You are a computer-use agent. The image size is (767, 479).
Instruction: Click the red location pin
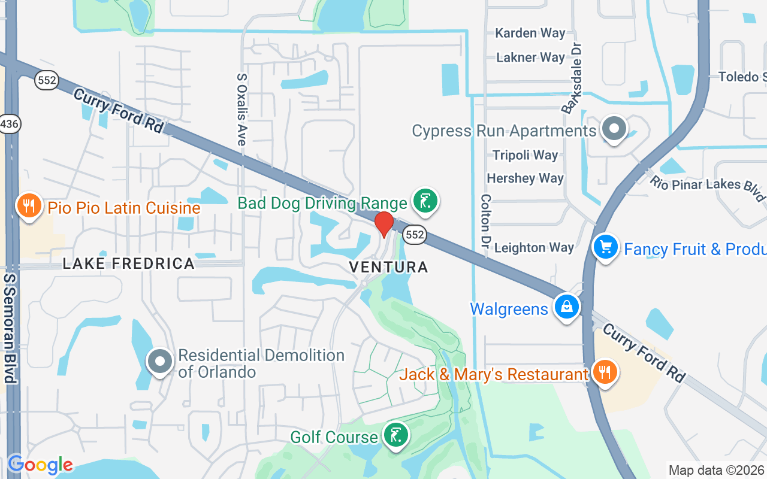(383, 224)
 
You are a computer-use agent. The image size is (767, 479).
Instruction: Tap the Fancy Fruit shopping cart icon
(605, 246)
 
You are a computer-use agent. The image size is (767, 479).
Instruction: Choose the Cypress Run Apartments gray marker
(613, 129)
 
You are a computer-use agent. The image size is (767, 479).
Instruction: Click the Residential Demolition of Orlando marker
(160, 361)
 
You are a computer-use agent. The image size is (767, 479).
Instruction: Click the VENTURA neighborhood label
(389, 267)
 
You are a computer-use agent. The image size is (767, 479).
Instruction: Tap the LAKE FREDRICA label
(129, 263)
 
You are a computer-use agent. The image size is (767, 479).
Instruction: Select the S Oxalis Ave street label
(241, 110)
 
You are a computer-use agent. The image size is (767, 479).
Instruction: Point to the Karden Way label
(530, 33)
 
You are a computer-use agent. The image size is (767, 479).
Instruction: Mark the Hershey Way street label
(525, 178)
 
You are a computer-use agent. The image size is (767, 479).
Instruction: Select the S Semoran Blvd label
(10, 329)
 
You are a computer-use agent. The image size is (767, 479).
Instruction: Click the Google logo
(40, 465)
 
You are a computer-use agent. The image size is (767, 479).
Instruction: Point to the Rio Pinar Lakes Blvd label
(707, 187)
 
